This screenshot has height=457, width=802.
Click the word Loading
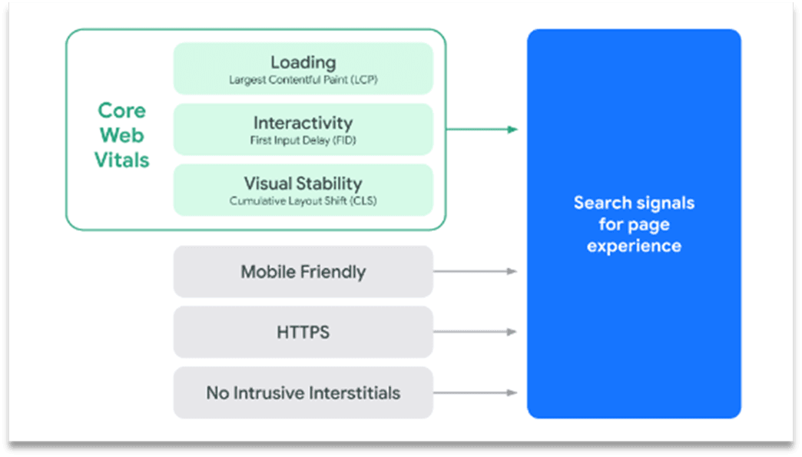303,62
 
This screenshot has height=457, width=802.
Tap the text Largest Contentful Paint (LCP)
303,80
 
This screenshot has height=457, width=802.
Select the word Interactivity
303,123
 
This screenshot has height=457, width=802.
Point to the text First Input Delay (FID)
303,141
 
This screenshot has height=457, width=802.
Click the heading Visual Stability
303,184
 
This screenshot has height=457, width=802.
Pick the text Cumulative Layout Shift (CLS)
303,201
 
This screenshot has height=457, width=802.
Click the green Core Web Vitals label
121,135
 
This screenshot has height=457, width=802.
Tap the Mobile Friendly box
303,272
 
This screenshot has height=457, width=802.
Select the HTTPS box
303,333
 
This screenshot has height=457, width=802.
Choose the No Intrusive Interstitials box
303,393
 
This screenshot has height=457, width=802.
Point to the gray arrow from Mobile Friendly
475,271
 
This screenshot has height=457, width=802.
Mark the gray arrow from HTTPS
475,332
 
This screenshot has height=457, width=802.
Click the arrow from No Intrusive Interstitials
475,392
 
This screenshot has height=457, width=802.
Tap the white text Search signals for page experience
634,224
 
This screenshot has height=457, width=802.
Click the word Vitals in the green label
121,160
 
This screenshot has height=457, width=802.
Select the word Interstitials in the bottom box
354,393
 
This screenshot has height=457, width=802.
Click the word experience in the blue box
634,246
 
